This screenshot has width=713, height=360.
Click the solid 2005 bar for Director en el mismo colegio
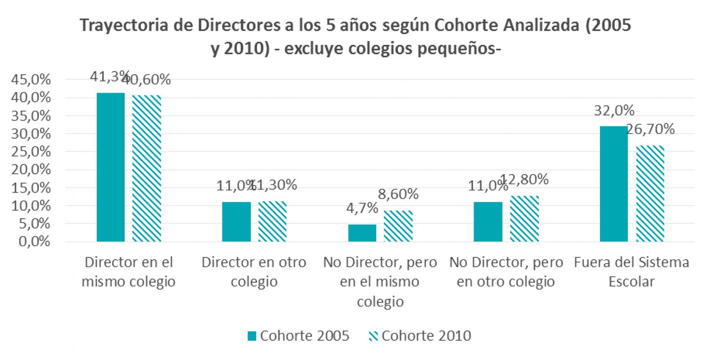(x=111, y=167)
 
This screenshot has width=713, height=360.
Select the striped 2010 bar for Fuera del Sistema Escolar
(x=650, y=193)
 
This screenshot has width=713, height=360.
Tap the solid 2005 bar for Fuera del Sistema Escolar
(x=614, y=184)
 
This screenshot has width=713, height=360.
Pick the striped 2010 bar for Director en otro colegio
(x=272, y=221)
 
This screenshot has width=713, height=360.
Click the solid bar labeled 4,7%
(x=362, y=233)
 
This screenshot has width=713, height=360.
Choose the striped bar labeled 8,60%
(x=398, y=226)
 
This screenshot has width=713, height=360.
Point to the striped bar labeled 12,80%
(x=524, y=219)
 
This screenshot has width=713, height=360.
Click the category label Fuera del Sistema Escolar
(x=632, y=272)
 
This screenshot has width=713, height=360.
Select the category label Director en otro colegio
(x=254, y=272)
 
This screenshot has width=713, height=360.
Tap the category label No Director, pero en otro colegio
(x=506, y=272)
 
